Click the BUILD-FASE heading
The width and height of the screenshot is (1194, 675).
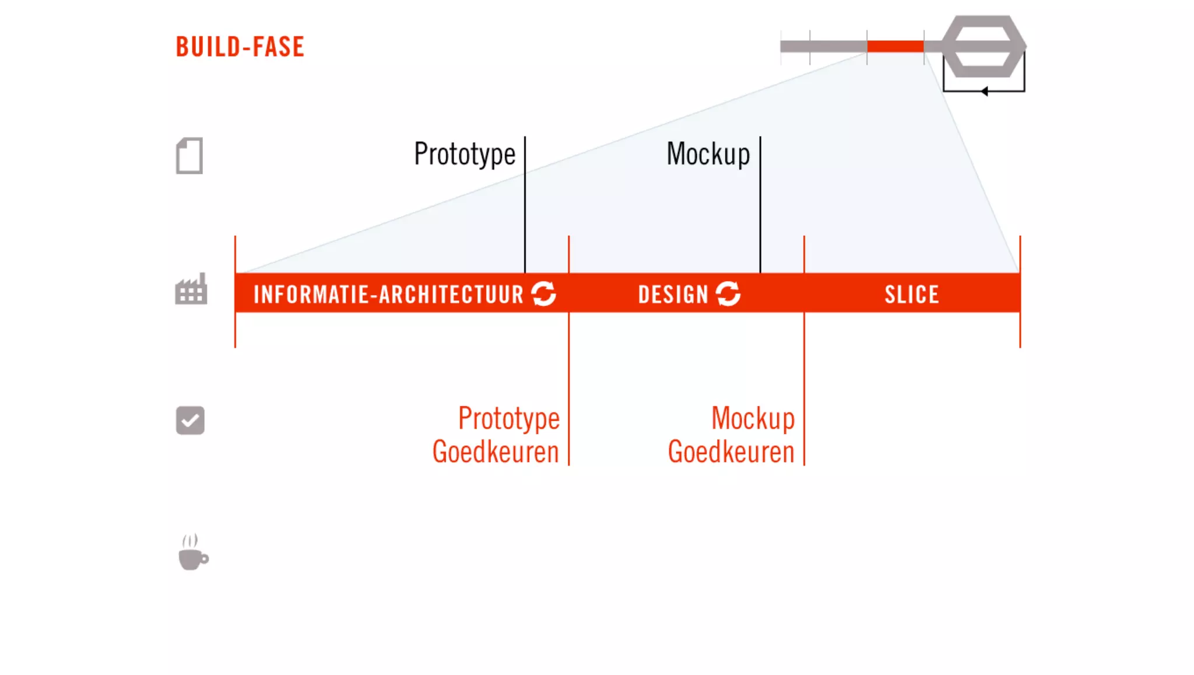click(x=240, y=47)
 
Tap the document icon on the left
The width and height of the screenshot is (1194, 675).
click(x=189, y=156)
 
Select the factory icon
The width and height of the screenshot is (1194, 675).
click(x=191, y=289)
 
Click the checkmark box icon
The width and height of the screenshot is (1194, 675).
click(x=190, y=421)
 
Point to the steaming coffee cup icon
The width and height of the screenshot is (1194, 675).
click(x=193, y=552)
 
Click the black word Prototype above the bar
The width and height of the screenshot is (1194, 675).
click(x=465, y=154)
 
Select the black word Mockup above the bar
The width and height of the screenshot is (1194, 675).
click(x=708, y=154)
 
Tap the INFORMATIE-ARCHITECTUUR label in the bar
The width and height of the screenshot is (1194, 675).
click(x=388, y=295)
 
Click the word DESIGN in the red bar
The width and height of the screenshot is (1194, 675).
click(x=673, y=295)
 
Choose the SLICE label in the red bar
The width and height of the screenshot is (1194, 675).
click(x=912, y=295)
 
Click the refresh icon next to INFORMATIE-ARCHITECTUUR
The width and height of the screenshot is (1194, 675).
click(x=544, y=293)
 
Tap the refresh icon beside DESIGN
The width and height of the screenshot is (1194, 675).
click(x=728, y=293)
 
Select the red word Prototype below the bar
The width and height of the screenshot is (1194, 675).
click(x=508, y=418)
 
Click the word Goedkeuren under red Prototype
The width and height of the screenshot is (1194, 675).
click(x=496, y=452)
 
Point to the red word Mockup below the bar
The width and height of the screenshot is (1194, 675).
click(x=753, y=418)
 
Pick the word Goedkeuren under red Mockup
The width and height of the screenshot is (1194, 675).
click(x=731, y=452)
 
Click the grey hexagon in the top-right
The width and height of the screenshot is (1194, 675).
click(x=984, y=47)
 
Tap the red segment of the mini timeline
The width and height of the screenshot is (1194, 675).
click(x=895, y=47)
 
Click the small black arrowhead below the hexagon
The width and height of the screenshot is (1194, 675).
click(x=984, y=91)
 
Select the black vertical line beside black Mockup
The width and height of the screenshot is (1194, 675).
click(x=760, y=204)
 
